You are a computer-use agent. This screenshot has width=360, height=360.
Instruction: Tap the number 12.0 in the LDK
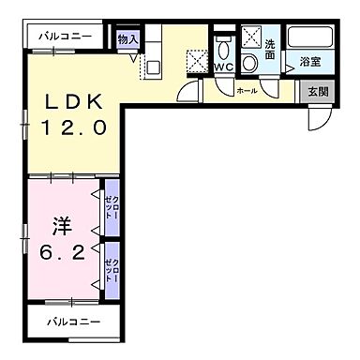tap(70, 123)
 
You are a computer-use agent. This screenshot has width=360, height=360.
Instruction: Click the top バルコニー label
tap(65, 36)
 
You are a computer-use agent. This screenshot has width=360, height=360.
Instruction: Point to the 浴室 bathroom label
tap(309, 63)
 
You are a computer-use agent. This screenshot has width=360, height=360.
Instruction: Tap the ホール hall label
tap(247, 91)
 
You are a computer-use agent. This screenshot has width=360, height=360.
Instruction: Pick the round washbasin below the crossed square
tap(250, 63)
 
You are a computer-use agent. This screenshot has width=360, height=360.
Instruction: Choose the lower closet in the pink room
tap(111, 269)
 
